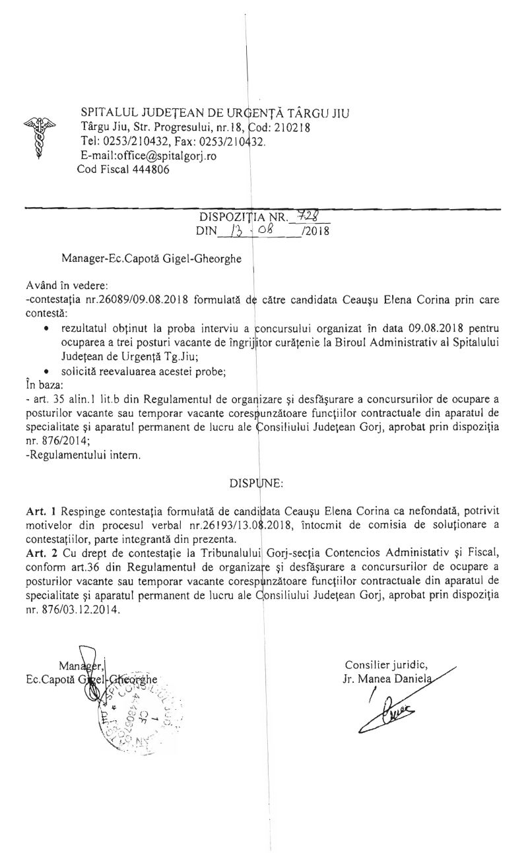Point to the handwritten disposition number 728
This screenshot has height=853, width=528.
click(x=309, y=216)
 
